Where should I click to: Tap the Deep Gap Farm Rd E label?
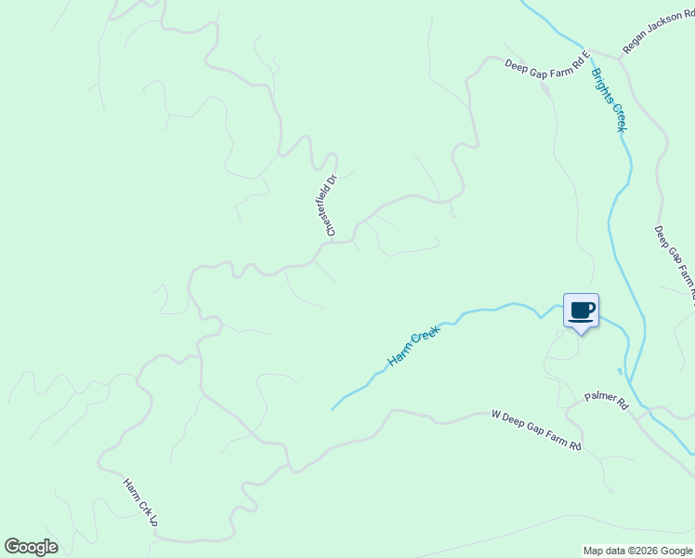(x=547, y=64)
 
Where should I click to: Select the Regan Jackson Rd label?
(x=658, y=34)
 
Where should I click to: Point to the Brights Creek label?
(x=608, y=100)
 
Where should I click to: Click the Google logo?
(x=31, y=547)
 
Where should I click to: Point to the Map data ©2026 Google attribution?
(x=637, y=551)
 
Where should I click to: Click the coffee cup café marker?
(x=582, y=311)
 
